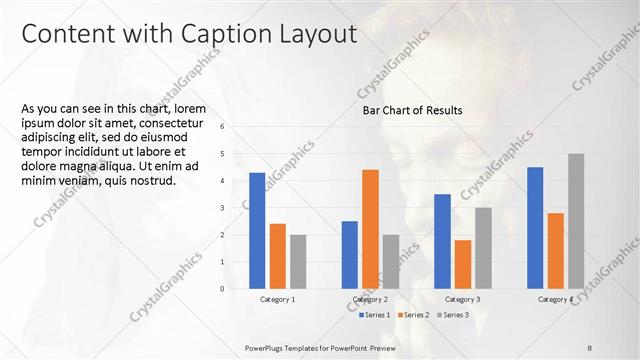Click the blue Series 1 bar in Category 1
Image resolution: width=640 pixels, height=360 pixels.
[x=257, y=230]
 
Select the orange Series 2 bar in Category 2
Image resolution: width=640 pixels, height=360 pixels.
[x=370, y=229]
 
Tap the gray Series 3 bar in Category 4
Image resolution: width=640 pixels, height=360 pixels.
[x=576, y=221]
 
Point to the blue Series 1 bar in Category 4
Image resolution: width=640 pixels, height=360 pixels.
[x=535, y=227]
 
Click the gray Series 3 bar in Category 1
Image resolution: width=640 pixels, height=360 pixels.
[x=298, y=261]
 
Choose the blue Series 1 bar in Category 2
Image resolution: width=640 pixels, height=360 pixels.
[x=350, y=254]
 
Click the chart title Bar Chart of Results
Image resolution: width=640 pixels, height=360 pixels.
[x=412, y=111]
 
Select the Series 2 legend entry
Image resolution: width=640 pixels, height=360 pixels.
[x=414, y=315]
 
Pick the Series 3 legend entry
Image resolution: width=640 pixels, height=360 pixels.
[x=454, y=315]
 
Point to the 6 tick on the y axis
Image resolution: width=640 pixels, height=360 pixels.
[x=236, y=127]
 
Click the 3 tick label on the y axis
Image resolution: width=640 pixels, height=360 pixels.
[x=236, y=208]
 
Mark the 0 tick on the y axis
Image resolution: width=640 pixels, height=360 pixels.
[x=236, y=289]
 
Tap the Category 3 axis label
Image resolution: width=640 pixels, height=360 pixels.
[x=462, y=299]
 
